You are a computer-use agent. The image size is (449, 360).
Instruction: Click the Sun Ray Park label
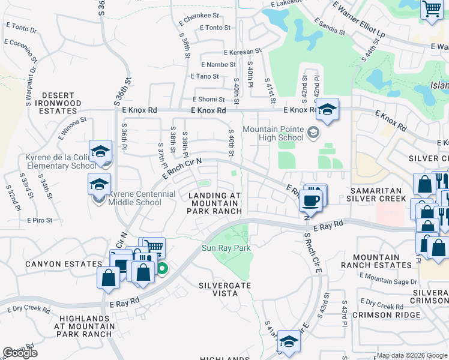pyautogui.click(x=226, y=247)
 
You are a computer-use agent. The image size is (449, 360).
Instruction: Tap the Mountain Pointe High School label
pyautogui.click(x=273, y=133)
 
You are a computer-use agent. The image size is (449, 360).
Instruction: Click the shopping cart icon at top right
pyautogui.click(x=431, y=9)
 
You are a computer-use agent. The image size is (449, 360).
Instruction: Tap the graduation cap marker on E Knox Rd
pyautogui.click(x=327, y=110)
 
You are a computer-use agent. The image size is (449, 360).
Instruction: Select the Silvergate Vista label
pyautogui.click(x=225, y=290)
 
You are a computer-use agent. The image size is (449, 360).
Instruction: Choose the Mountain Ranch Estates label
pyautogui.click(x=387, y=261)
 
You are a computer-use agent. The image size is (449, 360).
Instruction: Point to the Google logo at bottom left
pyautogui.click(x=20, y=353)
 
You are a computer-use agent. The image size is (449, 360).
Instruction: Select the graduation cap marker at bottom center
pyautogui.click(x=289, y=341)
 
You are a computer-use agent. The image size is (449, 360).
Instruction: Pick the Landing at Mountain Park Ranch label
pyautogui.click(x=215, y=203)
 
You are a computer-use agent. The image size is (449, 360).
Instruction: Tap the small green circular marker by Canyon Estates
pyautogui.click(x=162, y=270)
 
